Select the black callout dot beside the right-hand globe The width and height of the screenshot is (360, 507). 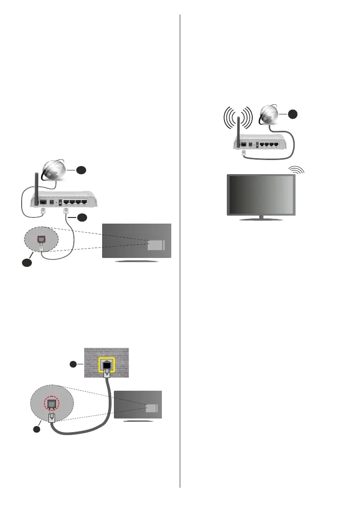pyautogui.click(x=293, y=114)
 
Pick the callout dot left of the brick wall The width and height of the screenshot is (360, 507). pyautogui.click(x=73, y=364)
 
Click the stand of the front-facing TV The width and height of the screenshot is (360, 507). pyautogui.click(x=261, y=218)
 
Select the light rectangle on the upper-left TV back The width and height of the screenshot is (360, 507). pyautogui.click(x=156, y=244)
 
